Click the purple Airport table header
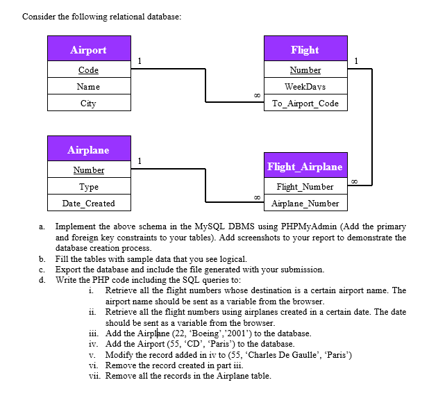coord(88,49)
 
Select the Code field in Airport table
coord(88,70)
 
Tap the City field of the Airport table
coord(88,104)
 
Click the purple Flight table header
coord(305,49)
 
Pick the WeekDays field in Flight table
coord(305,87)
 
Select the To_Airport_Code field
coord(305,104)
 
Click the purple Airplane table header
coord(88,149)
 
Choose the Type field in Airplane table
coord(88,187)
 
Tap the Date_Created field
coord(88,204)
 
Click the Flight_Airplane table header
coord(305,166)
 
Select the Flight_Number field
coord(305,187)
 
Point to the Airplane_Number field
coord(305,204)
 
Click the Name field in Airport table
coord(88,87)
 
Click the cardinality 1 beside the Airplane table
coord(140,161)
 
